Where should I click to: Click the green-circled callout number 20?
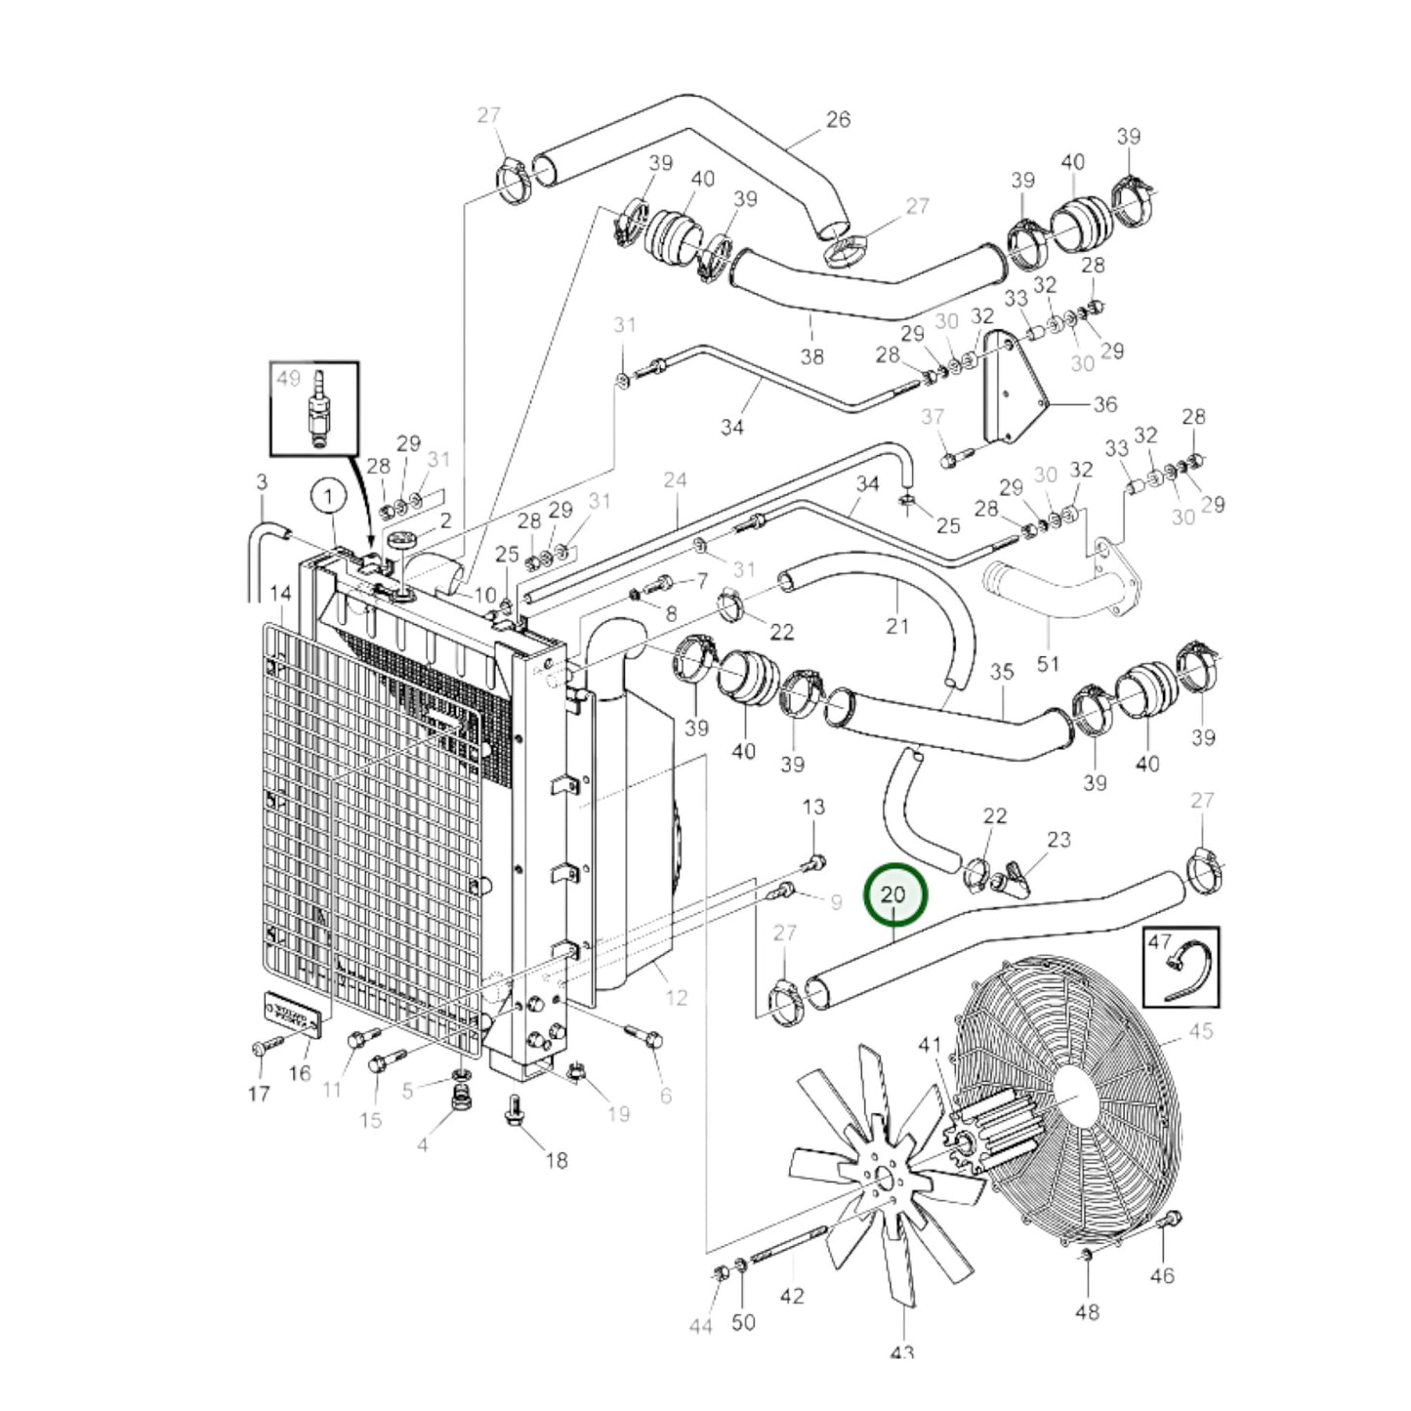point(893,895)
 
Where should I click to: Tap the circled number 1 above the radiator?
point(329,497)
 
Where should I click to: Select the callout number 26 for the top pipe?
point(838,120)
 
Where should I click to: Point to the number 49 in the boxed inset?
point(289,379)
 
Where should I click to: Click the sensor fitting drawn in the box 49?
point(315,410)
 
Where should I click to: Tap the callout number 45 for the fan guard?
point(1201,1032)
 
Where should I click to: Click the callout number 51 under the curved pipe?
point(1048,664)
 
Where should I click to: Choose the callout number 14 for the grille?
point(280,595)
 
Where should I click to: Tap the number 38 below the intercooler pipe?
point(812,356)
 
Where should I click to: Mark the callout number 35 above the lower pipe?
point(1003,673)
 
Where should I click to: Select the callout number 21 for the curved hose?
point(897,626)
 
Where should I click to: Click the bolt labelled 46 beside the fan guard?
point(1172,1221)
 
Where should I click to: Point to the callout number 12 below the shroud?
point(676,998)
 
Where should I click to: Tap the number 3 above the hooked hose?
point(262,481)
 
